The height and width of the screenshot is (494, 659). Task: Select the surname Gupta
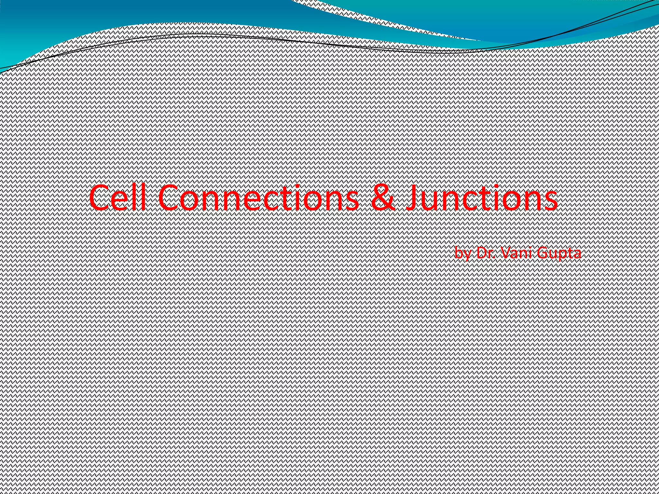click(x=559, y=253)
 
